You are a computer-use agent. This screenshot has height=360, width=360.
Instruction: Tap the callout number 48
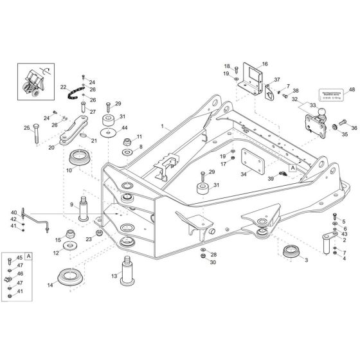pyautogui.click(x=352, y=89)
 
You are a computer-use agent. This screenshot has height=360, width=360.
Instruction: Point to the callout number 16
pyautogui.click(x=265, y=64)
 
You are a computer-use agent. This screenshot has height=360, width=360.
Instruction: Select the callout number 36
pyautogui.click(x=354, y=128)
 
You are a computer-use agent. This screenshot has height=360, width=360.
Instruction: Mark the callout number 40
pyautogui.click(x=14, y=213)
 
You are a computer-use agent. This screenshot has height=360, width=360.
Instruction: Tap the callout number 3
pyautogui.click(x=305, y=260)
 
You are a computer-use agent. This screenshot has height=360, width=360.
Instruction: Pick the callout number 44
pyautogui.click(x=124, y=128)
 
